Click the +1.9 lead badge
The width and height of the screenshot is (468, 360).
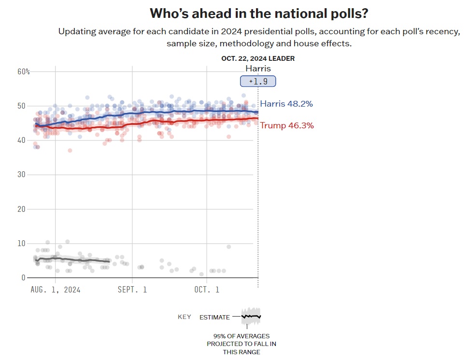(x=258, y=81)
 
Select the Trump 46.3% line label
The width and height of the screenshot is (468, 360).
(x=287, y=125)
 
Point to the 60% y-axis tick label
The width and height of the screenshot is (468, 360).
(x=24, y=71)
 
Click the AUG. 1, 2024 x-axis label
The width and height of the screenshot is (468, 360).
(x=55, y=290)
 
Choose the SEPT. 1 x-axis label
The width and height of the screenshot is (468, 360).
(x=131, y=290)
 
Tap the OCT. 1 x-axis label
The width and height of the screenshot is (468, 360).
(x=207, y=290)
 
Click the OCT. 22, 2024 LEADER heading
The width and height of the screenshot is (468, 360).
(x=258, y=58)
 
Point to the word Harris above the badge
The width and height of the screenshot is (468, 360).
(x=258, y=69)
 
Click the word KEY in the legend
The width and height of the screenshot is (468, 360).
(x=184, y=317)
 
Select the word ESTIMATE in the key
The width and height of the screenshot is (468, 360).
(x=214, y=317)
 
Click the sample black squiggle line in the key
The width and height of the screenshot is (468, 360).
(x=251, y=317)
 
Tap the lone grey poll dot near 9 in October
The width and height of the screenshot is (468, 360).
(x=228, y=247)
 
